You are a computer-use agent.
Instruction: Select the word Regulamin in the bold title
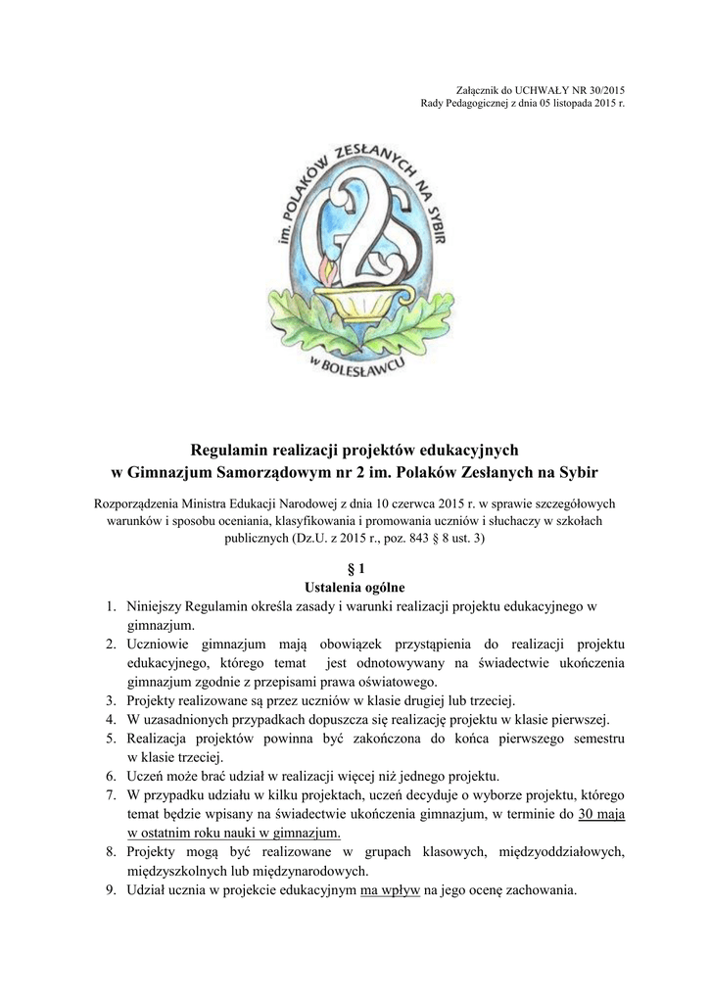(229, 450)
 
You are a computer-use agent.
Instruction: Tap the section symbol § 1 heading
(355, 569)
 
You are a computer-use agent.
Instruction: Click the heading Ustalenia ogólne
(355, 588)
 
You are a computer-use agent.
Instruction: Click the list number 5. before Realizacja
(114, 738)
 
